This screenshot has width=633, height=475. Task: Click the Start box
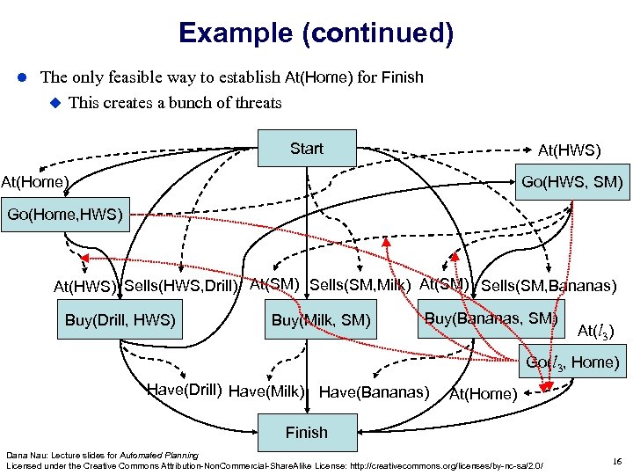click(x=306, y=149)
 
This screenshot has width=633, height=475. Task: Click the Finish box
click(x=306, y=432)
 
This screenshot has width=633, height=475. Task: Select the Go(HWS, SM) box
click(x=572, y=184)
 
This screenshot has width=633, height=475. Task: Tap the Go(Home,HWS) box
click(x=65, y=214)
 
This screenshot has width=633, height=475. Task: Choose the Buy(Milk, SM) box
click(x=321, y=321)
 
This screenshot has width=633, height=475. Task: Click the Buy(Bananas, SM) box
click(x=491, y=318)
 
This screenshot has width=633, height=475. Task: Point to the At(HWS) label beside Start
click(x=574, y=151)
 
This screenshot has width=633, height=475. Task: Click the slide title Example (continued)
click(x=316, y=34)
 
